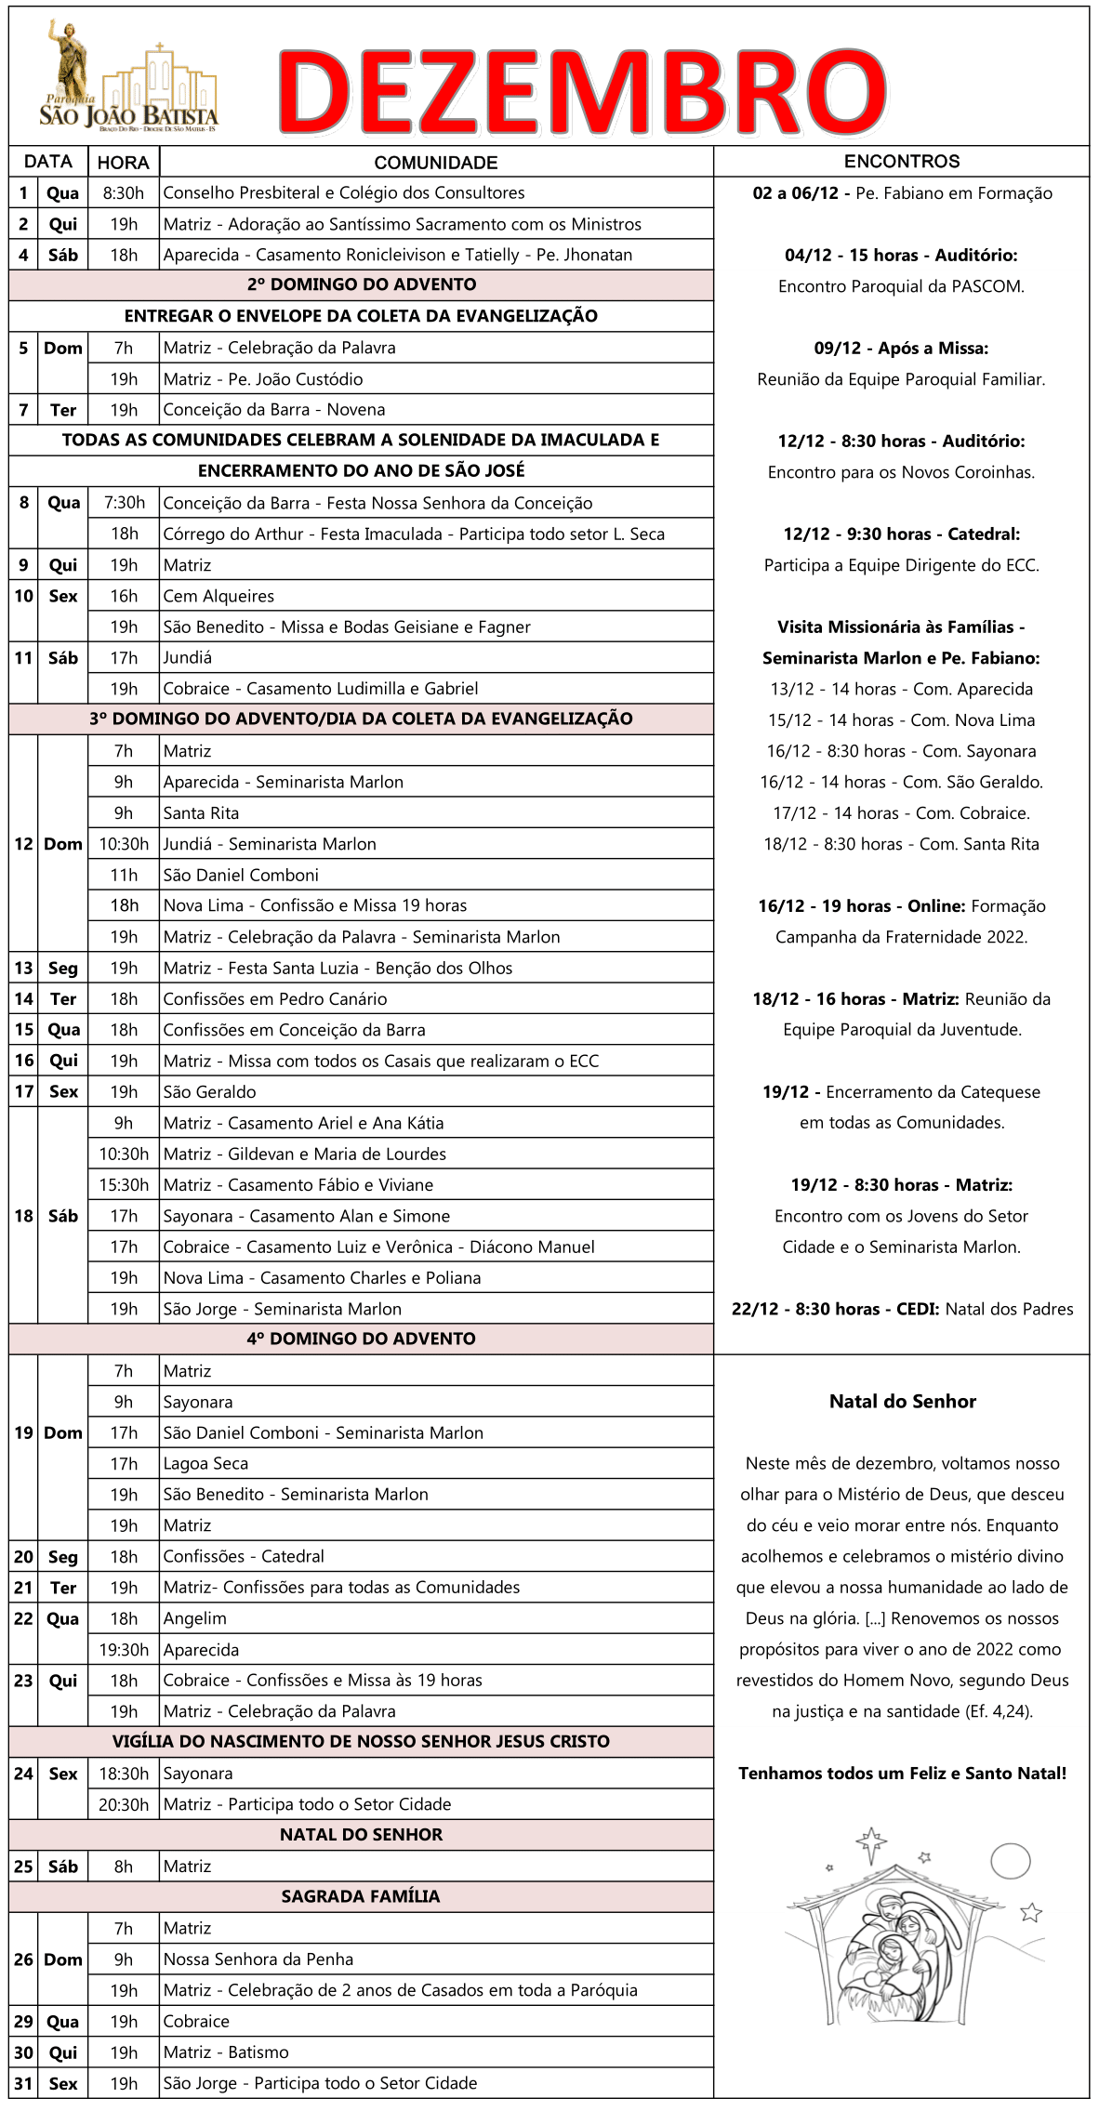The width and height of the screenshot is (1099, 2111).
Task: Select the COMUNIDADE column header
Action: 435,163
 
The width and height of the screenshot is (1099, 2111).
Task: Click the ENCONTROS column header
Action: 901,162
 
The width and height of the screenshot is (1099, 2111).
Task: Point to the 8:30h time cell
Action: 123,193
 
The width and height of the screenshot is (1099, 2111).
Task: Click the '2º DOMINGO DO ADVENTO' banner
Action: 361,284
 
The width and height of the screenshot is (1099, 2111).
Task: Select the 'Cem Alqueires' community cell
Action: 218,596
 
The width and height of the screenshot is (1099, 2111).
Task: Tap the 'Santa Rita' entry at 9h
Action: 201,813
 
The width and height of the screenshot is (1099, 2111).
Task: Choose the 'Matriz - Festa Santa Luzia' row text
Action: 338,968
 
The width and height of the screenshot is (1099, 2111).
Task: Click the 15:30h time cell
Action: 124,1185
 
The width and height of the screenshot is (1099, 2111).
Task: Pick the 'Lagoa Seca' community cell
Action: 205,1464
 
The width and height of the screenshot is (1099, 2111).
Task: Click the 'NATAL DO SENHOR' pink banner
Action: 361,1835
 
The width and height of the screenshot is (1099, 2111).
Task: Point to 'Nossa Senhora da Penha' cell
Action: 258,1959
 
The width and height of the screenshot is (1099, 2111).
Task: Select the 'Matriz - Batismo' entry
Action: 226,2052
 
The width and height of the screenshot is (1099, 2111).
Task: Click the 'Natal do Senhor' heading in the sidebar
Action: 902,1402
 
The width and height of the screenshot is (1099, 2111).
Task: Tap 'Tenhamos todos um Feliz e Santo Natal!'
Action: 902,1774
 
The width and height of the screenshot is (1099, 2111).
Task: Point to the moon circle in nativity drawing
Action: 1010,1861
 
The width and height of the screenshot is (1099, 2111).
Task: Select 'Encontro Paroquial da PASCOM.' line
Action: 901,286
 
